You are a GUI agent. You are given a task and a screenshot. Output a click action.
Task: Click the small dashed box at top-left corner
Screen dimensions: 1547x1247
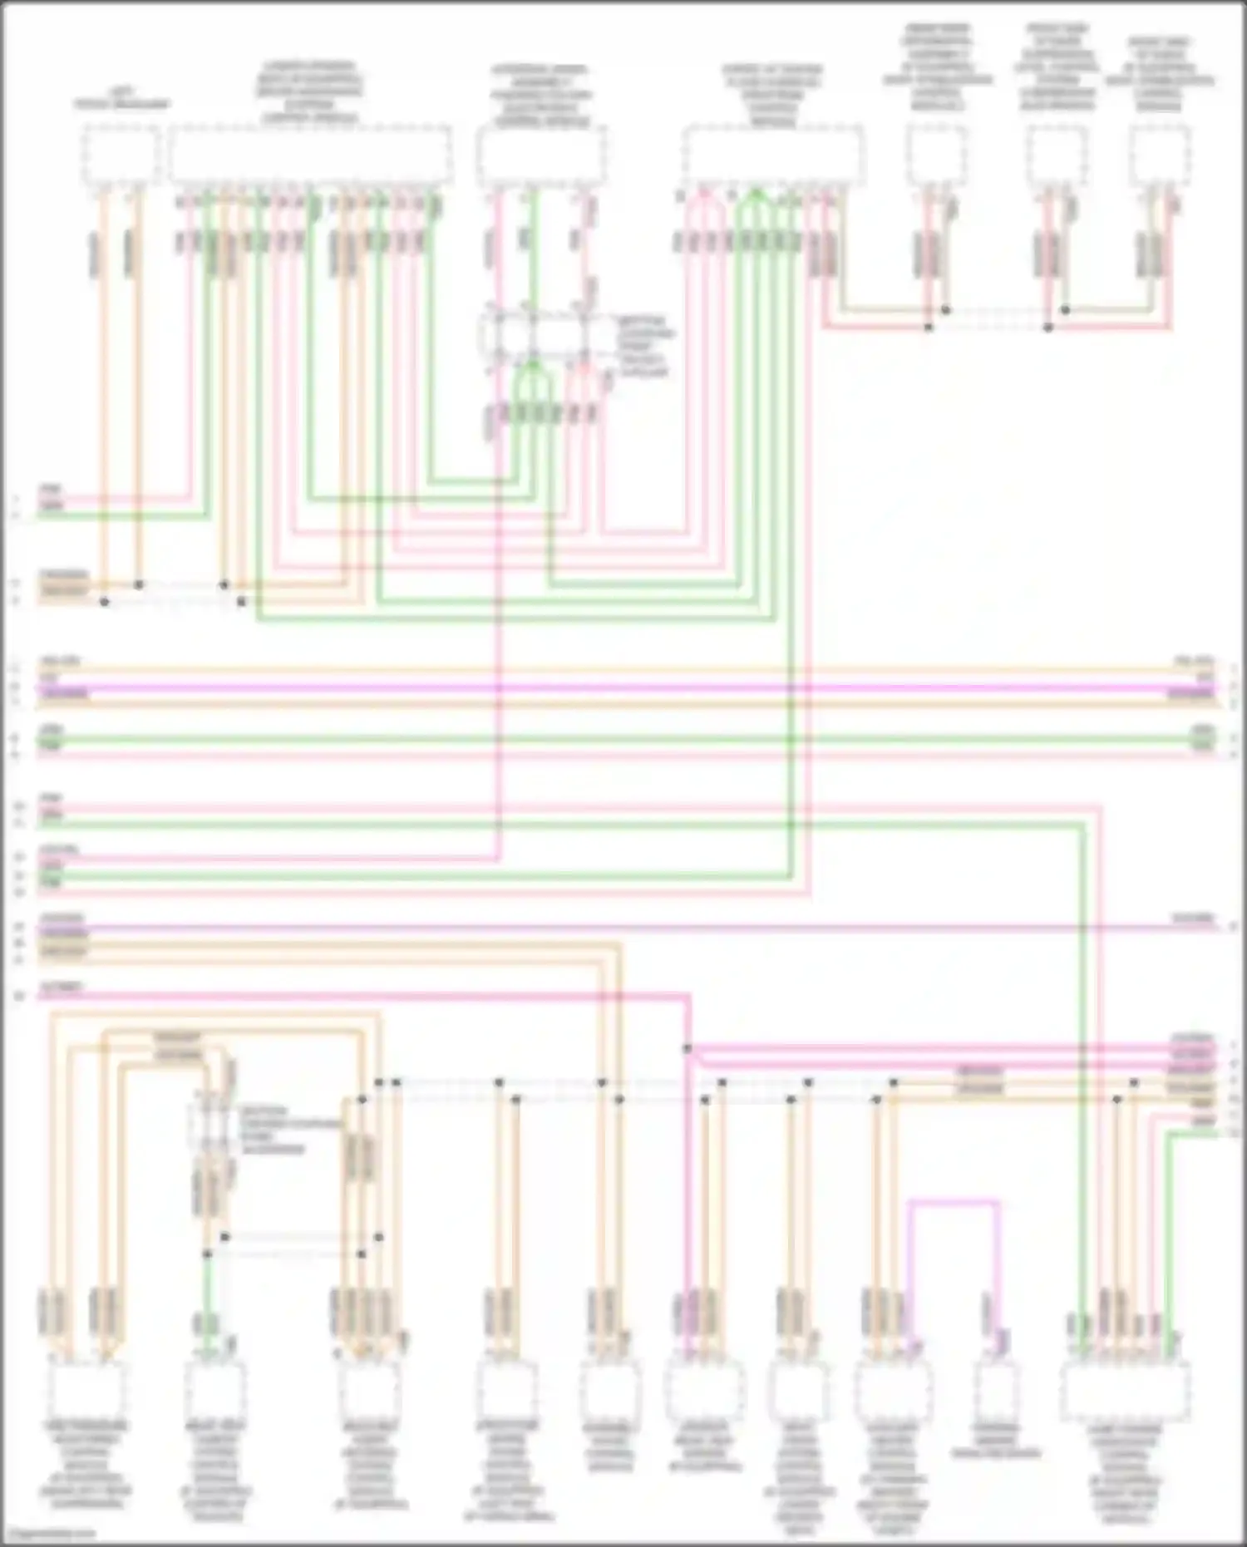[x=120, y=155]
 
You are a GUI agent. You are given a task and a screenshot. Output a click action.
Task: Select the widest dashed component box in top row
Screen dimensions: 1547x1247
[x=311, y=155]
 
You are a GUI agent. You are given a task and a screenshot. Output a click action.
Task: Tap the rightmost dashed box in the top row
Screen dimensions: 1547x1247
[x=1160, y=155]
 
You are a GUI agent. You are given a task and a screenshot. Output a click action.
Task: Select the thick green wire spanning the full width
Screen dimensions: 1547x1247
[x=623, y=738]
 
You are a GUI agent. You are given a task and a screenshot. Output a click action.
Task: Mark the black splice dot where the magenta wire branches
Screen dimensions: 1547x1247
[x=688, y=1049]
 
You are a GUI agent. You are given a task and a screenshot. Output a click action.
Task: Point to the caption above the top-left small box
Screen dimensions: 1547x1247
[x=121, y=99]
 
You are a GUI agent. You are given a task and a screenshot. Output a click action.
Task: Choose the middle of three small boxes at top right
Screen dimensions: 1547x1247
[x=1057, y=155]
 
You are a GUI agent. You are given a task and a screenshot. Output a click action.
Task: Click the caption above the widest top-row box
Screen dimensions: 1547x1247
[x=309, y=92]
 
